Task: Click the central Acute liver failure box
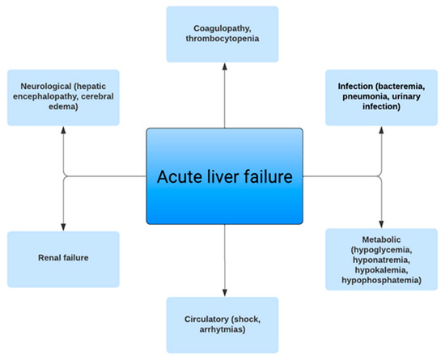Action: (x=222, y=175)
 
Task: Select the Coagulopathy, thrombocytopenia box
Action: (x=222, y=34)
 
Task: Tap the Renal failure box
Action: (x=63, y=259)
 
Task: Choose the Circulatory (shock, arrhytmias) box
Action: (x=222, y=324)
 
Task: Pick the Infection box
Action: (x=381, y=97)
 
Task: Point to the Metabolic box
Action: (x=381, y=259)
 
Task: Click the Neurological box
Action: (x=63, y=97)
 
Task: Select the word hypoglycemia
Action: (x=384, y=252)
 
